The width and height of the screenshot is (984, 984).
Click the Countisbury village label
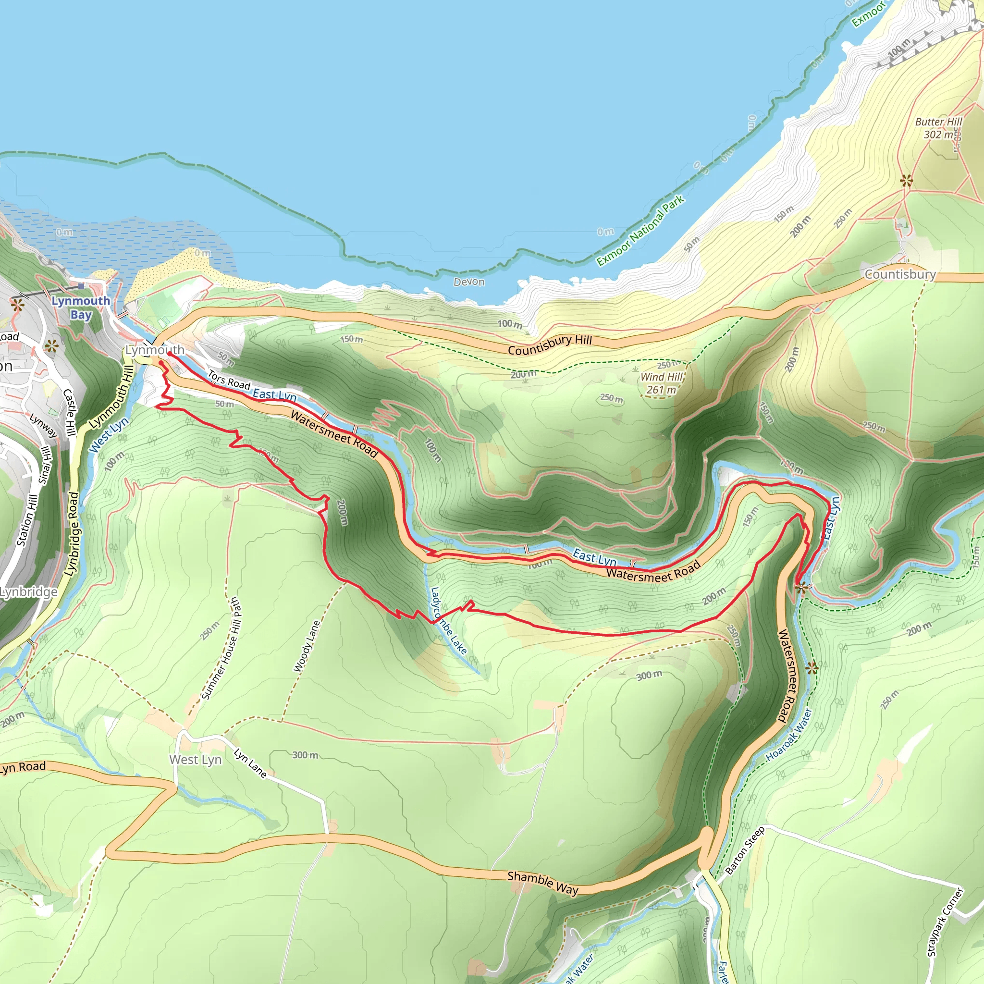[900, 274]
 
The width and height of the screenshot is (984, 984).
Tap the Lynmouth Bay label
[81, 307]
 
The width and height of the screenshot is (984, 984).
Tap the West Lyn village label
[195, 760]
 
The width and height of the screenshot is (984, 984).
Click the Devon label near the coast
[469, 282]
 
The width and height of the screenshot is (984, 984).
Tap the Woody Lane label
[307, 645]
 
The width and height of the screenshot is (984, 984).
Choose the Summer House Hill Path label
[221, 648]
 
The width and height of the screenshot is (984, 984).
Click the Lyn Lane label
[250, 763]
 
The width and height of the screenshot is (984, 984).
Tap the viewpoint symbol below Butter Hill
[906, 180]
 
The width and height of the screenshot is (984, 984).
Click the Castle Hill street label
[69, 412]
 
